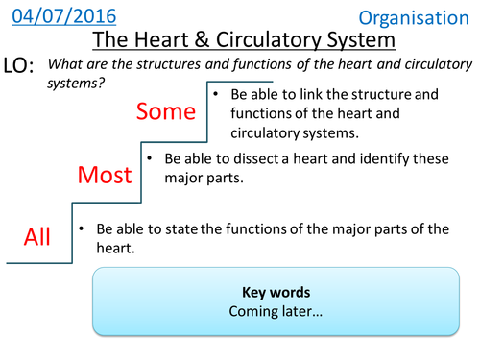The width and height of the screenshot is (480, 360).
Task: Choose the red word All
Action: (36, 236)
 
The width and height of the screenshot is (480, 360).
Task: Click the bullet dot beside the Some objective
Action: (220, 95)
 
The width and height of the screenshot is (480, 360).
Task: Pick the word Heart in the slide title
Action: (173, 40)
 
